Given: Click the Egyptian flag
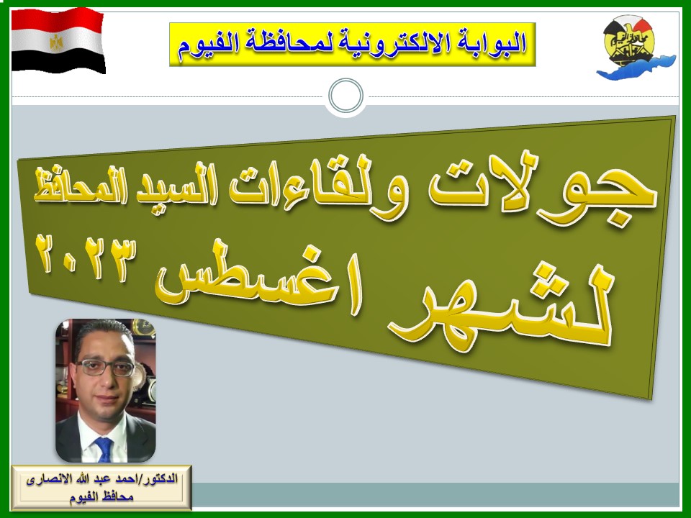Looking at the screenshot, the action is [x=58, y=40].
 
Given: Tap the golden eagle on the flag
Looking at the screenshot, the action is [x=56, y=42].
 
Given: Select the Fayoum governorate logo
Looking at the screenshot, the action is [x=636, y=47].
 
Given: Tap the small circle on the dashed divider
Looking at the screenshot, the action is [x=346, y=96].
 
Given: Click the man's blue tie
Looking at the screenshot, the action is [x=104, y=448].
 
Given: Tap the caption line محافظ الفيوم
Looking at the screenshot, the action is [x=101, y=497].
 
